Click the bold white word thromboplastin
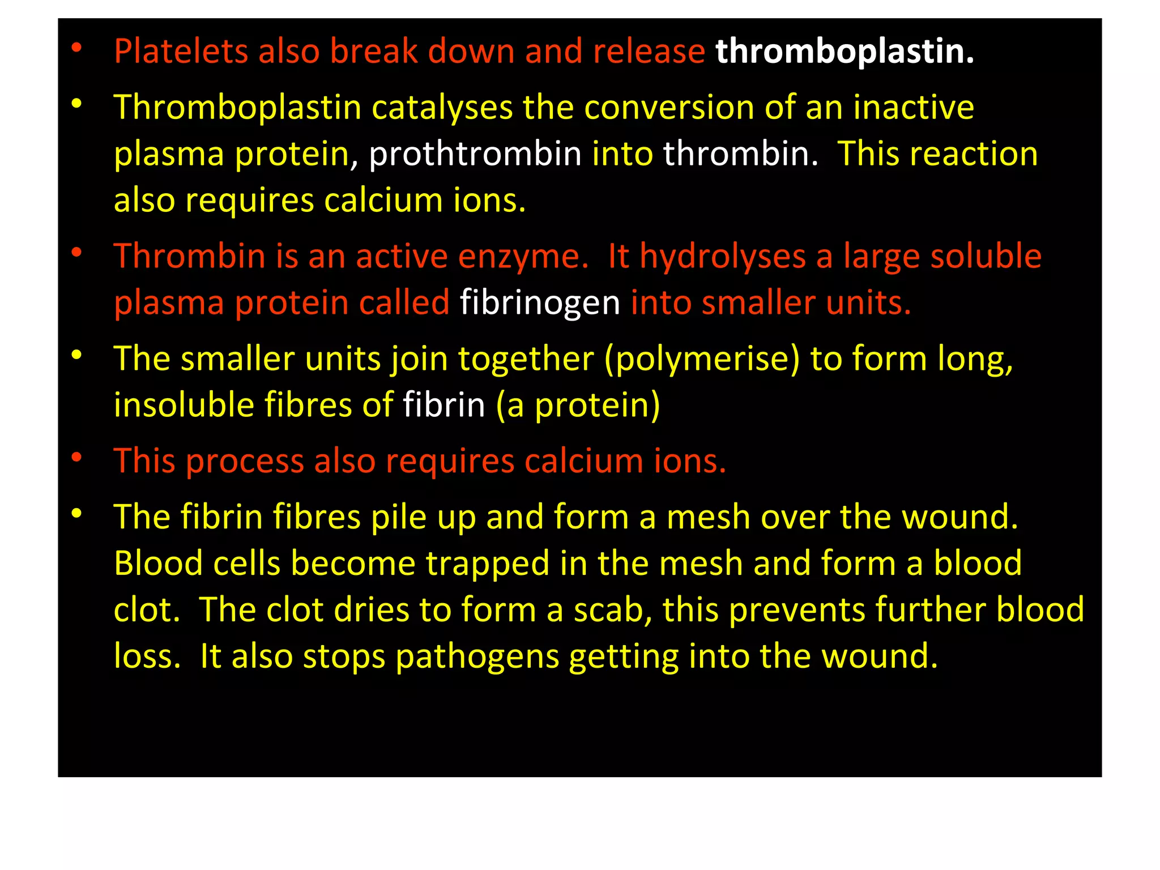844,52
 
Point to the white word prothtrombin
475,154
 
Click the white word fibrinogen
540,304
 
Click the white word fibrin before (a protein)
444,406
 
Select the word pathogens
477,658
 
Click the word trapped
488,565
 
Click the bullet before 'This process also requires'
77,457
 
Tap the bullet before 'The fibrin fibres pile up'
77,514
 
